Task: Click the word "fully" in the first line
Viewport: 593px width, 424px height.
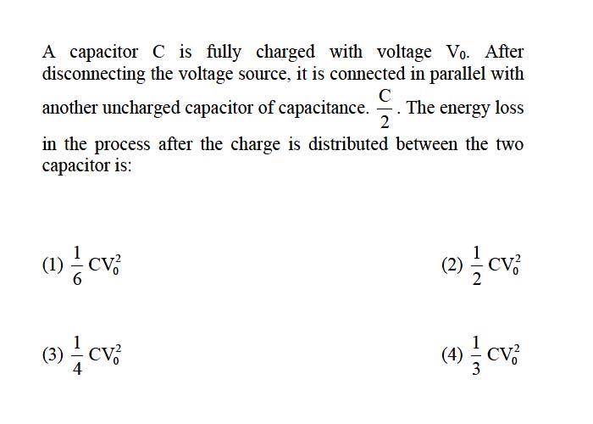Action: tap(224, 53)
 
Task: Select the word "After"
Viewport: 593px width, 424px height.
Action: tap(505, 52)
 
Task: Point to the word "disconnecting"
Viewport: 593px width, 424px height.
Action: tap(93, 75)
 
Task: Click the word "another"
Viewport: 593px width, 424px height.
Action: tap(69, 108)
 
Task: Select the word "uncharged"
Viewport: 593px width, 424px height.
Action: tap(141, 109)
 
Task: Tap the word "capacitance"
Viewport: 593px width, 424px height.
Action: tap(324, 109)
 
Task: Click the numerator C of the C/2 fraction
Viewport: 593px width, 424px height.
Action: tap(385, 96)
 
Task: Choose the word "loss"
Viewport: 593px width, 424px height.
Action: tap(509, 108)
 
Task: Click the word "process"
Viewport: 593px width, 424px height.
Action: tap(122, 145)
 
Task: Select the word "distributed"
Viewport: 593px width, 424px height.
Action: tap(348, 144)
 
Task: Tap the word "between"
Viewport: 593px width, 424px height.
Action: tap(427, 144)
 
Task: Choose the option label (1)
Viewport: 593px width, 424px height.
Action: tap(53, 265)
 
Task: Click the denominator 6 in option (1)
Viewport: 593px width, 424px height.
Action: tap(77, 279)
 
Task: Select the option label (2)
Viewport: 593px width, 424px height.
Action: tap(452, 265)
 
